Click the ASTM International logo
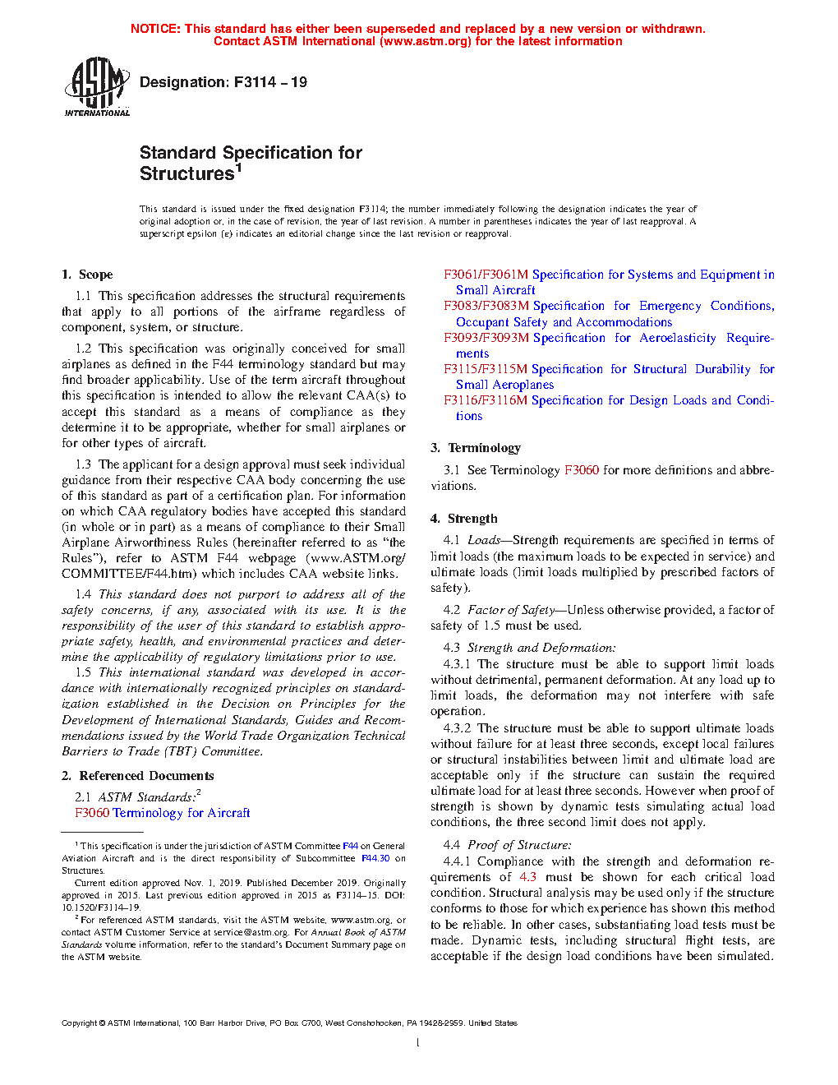(x=96, y=86)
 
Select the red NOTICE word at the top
(x=155, y=29)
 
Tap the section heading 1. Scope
(x=87, y=275)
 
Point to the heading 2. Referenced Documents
(x=137, y=776)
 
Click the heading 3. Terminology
(x=476, y=448)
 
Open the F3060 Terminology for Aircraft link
(x=162, y=813)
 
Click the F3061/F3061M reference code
(x=486, y=275)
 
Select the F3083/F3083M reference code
(x=486, y=306)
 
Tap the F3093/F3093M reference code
(x=486, y=338)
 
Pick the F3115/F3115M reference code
(x=486, y=369)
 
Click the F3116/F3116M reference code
(x=486, y=400)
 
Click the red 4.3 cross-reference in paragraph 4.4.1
(x=527, y=877)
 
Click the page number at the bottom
(x=418, y=1043)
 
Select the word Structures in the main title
(x=187, y=174)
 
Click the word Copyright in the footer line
(x=80, y=1023)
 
